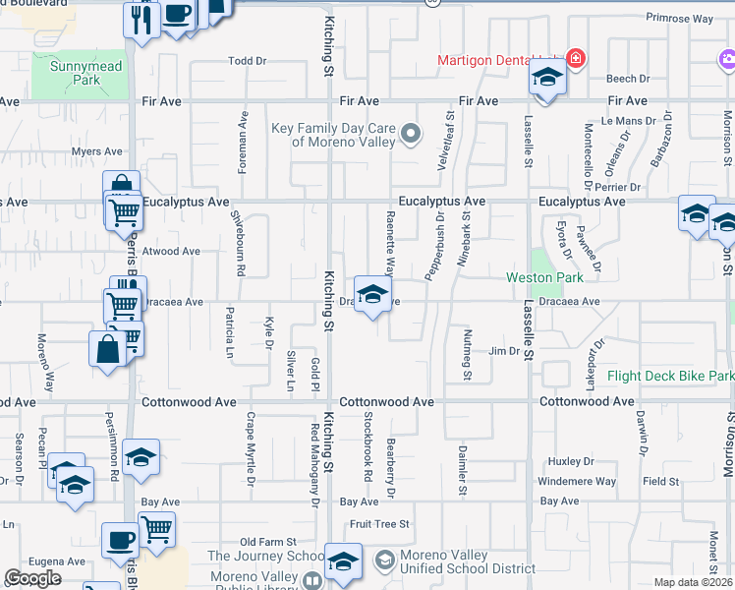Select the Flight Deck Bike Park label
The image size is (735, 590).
[x=670, y=376]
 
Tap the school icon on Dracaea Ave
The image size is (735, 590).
[x=371, y=295]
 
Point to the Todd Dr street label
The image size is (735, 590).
[x=248, y=61]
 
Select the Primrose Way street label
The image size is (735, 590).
[x=678, y=18]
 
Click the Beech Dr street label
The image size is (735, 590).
[x=628, y=79]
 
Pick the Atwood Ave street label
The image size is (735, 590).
[x=171, y=252]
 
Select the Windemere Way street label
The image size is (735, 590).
[x=577, y=482]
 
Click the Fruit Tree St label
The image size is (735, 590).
[x=378, y=525]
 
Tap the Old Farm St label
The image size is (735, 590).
[x=268, y=542]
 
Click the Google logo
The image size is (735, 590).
[x=32, y=579]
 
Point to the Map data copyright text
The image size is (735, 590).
[x=693, y=582]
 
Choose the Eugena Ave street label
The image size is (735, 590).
[x=58, y=560]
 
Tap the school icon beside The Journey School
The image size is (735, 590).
[x=343, y=563]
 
